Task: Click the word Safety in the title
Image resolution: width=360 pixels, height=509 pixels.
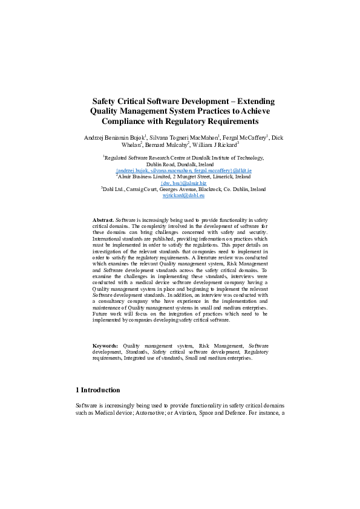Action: (105, 102)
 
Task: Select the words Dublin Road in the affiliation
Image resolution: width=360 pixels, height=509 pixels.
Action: (163, 164)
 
